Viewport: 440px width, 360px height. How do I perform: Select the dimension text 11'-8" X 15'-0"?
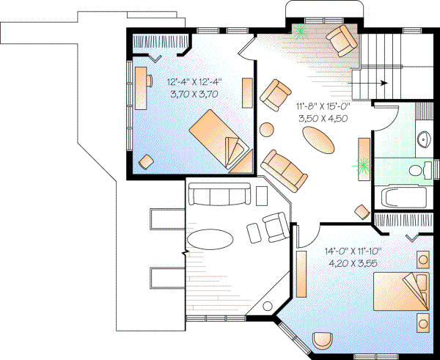coord(322,107)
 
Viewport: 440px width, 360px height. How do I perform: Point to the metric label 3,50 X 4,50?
coord(322,119)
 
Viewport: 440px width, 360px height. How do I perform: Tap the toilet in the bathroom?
coord(419,171)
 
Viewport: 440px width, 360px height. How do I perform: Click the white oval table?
coord(210,240)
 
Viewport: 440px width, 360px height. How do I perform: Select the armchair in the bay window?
coord(341,40)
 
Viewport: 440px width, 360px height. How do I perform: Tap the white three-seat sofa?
coord(217,195)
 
